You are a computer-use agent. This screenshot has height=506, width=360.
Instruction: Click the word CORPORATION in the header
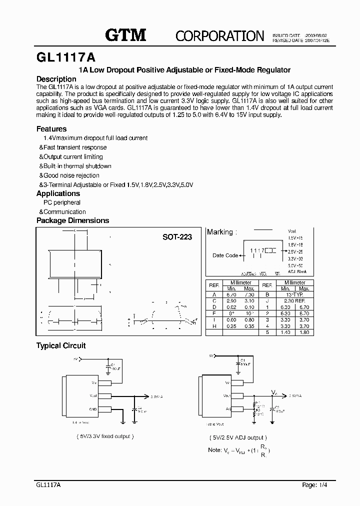click(219, 35)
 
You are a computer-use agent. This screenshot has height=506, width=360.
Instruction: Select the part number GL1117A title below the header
click(66, 56)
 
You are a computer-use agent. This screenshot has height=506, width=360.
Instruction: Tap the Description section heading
click(56, 79)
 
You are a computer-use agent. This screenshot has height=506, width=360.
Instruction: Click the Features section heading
click(51, 128)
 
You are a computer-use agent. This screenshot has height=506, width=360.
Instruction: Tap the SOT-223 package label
click(177, 237)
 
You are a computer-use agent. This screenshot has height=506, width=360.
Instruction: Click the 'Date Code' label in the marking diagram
click(225, 255)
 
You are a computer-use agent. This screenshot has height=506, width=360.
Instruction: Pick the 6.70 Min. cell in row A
click(231, 295)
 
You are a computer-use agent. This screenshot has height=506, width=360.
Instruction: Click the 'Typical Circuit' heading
click(61, 345)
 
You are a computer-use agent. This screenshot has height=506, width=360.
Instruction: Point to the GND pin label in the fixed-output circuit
click(93, 408)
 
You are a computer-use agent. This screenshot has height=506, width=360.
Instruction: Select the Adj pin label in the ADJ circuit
click(228, 408)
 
